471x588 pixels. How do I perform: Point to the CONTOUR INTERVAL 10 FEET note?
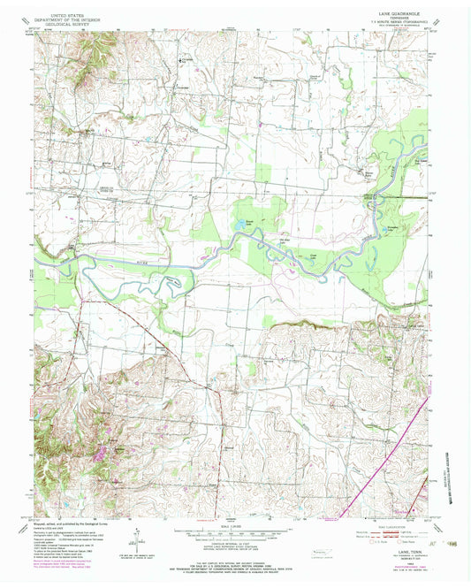tap(234, 549)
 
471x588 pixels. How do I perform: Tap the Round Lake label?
tap(250, 221)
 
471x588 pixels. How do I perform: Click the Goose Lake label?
tap(311, 257)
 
